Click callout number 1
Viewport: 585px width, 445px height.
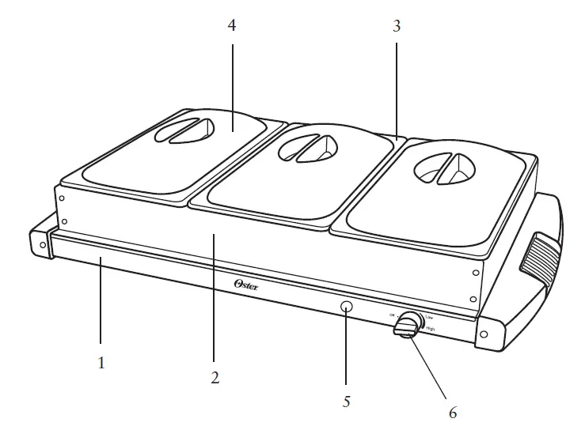coord(101,364)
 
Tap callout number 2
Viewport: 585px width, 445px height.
coord(215,378)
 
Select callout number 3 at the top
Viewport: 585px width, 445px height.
coord(397,26)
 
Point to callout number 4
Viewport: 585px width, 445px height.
coord(232,26)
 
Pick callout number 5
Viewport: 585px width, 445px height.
coord(346,402)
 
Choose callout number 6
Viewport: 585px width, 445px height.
coord(452,413)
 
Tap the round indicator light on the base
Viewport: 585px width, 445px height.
coord(346,307)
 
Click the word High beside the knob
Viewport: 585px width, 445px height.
coord(429,326)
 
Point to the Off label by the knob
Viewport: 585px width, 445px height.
coord(392,315)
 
